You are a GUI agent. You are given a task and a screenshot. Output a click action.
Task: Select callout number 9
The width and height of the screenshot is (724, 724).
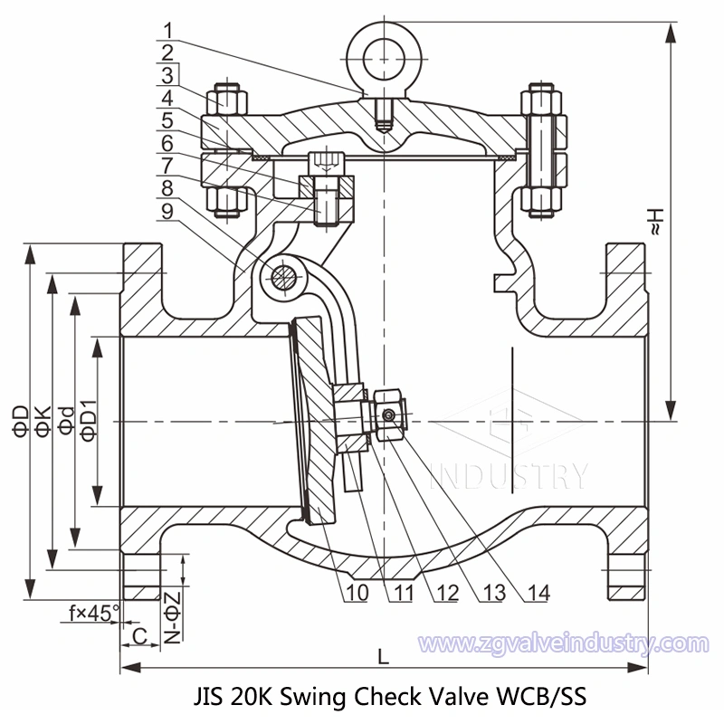click(x=168, y=210)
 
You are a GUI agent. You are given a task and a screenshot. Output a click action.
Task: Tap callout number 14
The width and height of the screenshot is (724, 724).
click(x=538, y=593)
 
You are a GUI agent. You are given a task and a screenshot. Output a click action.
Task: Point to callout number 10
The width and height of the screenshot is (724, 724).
click(x=355, y=593)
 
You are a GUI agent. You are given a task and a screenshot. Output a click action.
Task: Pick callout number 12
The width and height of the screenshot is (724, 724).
click(x=444, y=593)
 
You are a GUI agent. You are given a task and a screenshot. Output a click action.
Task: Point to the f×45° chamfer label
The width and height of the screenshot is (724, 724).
click(x=94, y=613)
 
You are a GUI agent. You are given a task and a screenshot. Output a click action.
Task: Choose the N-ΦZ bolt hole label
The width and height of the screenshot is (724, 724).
click(x=172, y=616)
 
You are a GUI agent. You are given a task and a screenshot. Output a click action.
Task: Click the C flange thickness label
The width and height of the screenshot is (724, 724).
click(x=139, y=636)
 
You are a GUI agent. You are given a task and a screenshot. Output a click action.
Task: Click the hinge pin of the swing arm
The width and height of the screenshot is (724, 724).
click(x=284, y=274)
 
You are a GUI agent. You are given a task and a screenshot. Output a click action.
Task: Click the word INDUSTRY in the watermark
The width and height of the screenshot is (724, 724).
click(x=509, y=473)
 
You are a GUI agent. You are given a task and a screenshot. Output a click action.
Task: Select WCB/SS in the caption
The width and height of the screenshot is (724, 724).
click(x=543, y=697)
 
